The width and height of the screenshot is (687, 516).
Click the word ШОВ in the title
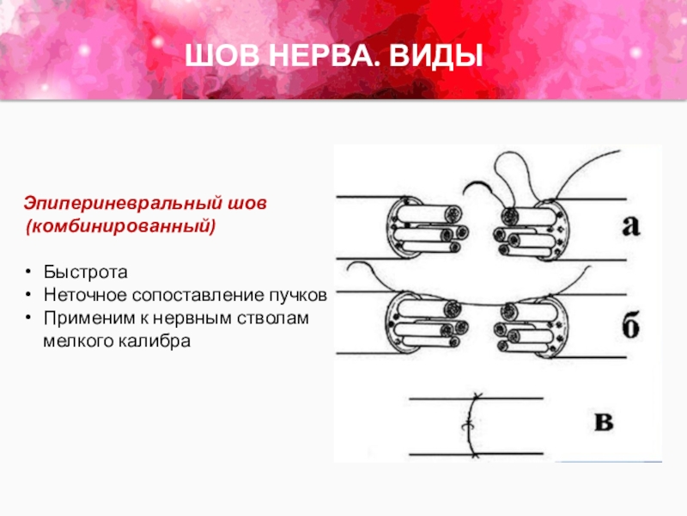222,56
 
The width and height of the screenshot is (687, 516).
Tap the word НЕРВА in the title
325,56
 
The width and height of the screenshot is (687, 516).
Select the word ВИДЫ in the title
436,56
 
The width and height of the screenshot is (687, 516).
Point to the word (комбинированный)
120,226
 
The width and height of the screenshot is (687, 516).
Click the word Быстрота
85,272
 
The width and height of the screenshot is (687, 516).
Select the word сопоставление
198,295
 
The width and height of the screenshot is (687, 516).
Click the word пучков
298,296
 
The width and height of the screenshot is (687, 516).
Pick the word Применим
89,318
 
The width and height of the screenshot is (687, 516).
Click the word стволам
273,317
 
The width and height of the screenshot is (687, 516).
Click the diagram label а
630,225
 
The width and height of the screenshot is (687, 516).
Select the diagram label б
630,325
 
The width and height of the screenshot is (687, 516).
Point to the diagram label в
604,421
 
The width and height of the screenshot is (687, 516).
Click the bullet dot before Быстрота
28,272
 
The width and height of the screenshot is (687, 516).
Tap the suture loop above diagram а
512,175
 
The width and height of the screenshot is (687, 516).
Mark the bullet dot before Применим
28,317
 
